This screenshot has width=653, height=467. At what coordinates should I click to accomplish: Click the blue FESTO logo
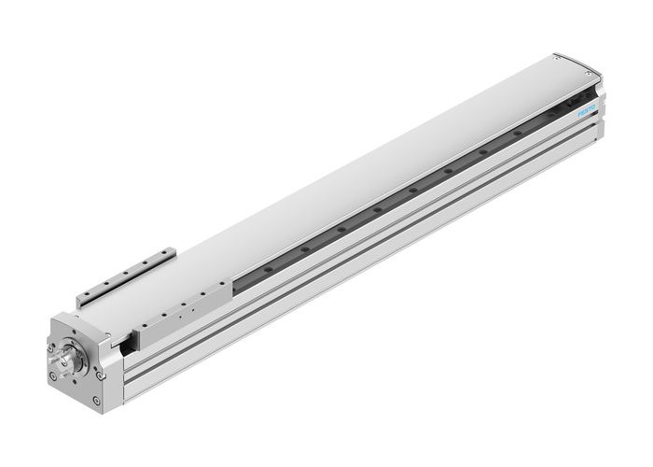click(x=586, y=111)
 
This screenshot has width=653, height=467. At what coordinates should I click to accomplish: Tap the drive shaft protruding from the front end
click(x=63, y=361)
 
